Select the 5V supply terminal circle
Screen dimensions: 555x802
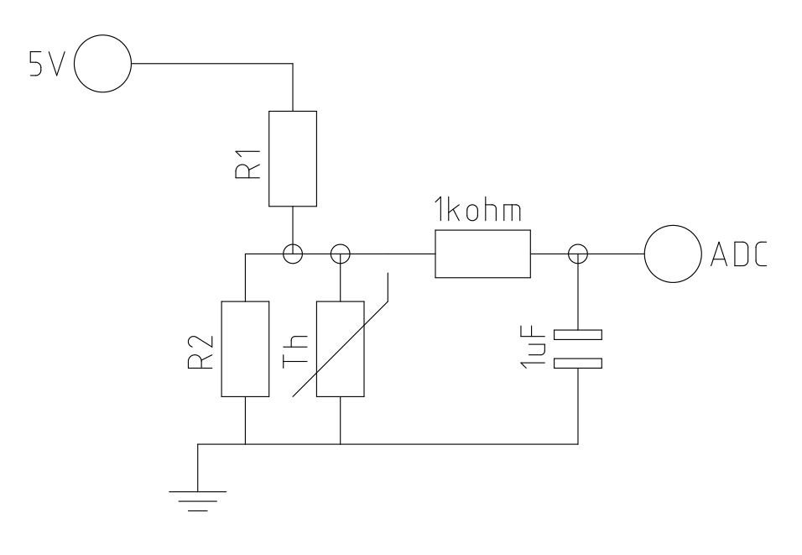coord(103,63)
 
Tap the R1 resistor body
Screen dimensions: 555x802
coord(293,158)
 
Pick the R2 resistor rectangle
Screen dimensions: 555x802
coord(245,348)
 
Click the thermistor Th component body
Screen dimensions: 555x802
coord(341,348)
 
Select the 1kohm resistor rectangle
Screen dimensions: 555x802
coord(482,254)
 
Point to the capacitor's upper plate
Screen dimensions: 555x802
coord(578,335)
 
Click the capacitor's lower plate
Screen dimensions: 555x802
coord(578,363)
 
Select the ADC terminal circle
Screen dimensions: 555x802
coord(672,254)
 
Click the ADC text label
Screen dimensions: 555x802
coord(738,254)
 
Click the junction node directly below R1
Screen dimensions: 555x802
coord(293,254)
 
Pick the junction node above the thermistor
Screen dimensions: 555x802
coord(341,254)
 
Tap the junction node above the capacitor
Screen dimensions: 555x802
coord(578,254)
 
